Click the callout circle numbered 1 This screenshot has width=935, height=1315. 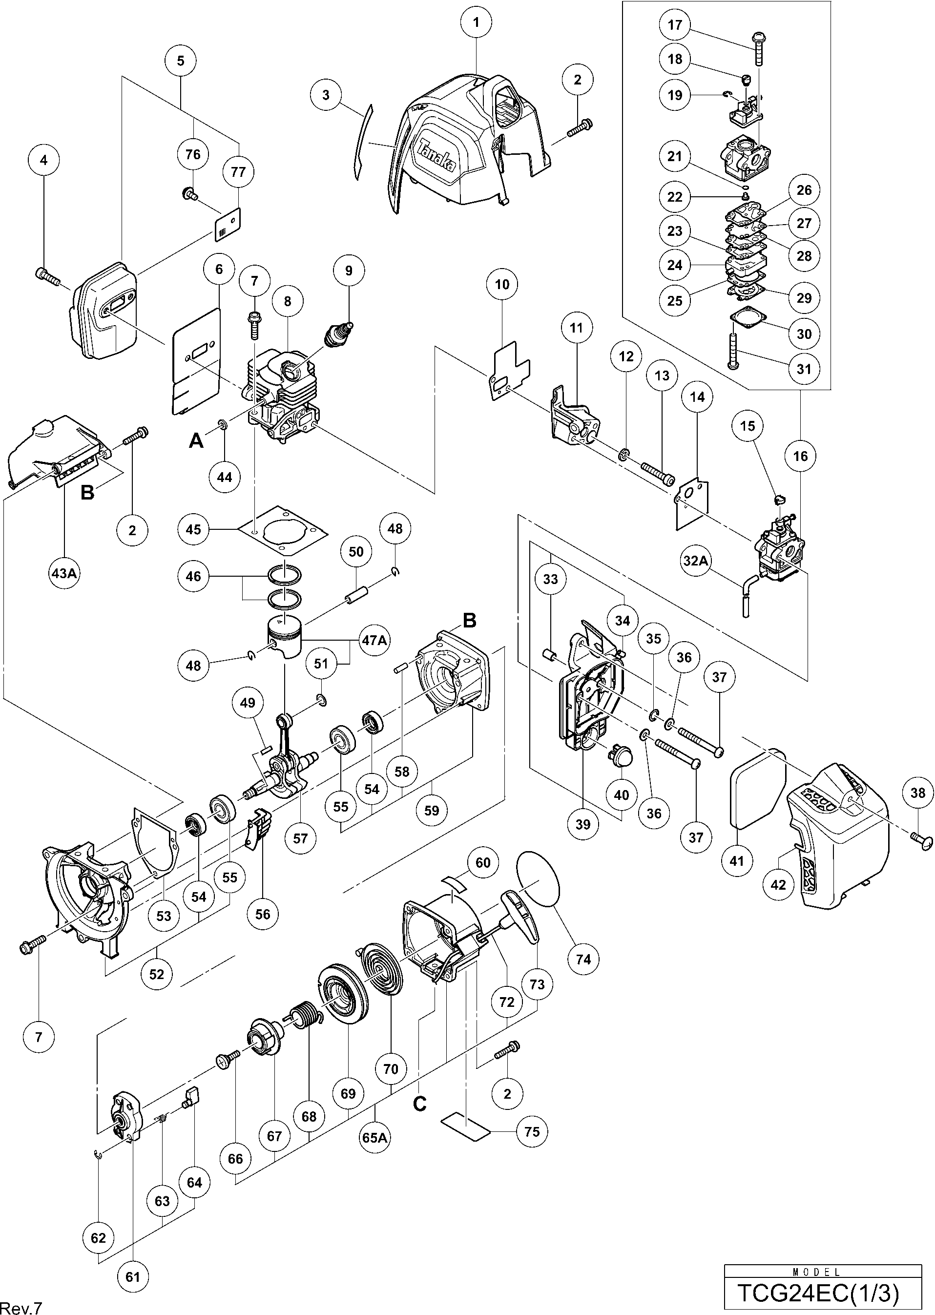coord(476,23)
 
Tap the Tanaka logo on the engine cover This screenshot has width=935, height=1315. coord(437,155)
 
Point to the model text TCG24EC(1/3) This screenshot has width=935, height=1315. coord(817,1293)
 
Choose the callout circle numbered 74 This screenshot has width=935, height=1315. coord(583,959)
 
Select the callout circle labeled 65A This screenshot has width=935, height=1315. coord(375,1137)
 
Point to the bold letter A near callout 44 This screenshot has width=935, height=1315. coord(196,441)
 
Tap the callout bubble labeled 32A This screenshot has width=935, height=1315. coord(695,560)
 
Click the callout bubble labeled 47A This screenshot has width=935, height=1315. coord(374,639)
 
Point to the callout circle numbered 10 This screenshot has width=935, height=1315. coord(502,284)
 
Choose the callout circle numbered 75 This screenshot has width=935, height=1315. coord(532,1131)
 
